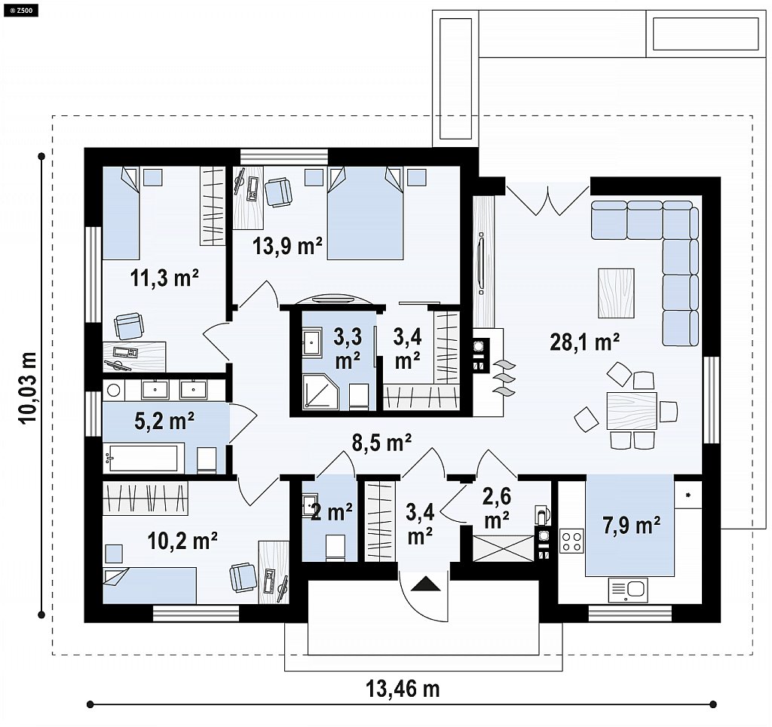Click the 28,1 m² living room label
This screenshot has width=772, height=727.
584,342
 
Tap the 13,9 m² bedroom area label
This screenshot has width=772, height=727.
287,245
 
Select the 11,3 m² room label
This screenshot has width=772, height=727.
164,278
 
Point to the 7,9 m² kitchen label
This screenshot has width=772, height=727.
632,525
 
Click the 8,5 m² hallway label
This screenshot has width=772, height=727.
381,442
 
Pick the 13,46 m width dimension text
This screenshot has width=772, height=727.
403,689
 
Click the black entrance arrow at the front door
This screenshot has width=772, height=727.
426,584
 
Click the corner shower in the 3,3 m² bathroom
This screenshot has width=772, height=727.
320,391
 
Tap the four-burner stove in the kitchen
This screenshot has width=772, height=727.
571,540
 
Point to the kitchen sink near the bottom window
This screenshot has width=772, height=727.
628,590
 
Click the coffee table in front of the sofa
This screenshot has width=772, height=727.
616,293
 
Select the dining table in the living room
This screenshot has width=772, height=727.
632,411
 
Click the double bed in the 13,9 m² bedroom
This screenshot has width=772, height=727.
365,213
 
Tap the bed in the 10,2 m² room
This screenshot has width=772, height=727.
150,585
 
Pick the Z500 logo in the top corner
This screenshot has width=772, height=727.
20,9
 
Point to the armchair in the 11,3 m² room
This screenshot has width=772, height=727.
129,326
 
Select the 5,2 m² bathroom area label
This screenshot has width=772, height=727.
164,421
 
